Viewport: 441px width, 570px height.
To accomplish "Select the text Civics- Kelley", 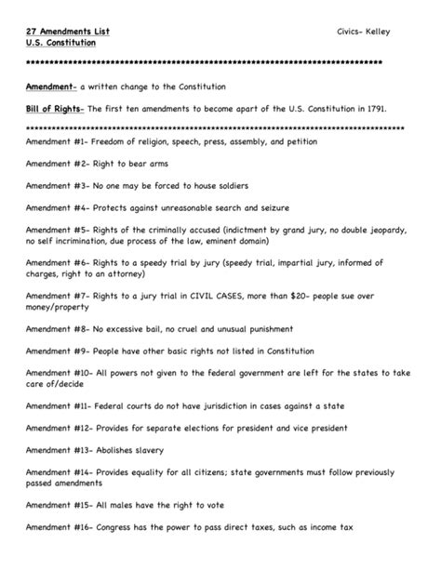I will pyautogui.click(x=364, y=32).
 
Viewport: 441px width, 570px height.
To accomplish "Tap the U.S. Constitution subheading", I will pyautogui.click(x=58, y=44).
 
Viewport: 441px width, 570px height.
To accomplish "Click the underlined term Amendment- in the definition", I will pyautogui.click(x=52, y=86).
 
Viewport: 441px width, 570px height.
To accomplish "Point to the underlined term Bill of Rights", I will pyautogui.click(x=55, y=108).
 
